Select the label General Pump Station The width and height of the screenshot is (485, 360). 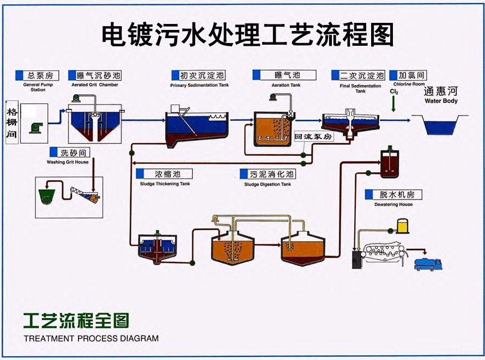coord(38,87)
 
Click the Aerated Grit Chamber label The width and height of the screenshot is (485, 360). coord(95,85)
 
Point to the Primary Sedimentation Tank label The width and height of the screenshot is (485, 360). coord(199,86)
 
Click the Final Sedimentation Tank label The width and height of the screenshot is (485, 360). coord(360,88)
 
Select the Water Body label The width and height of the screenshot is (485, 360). coord(441,101)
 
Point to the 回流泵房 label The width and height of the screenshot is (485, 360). coord(313,137)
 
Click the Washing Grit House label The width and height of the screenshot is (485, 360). coord(68,162)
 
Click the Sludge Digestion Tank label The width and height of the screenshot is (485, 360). coord(268,184)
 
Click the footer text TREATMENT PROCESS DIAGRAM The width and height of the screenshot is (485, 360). coord(91,338)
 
